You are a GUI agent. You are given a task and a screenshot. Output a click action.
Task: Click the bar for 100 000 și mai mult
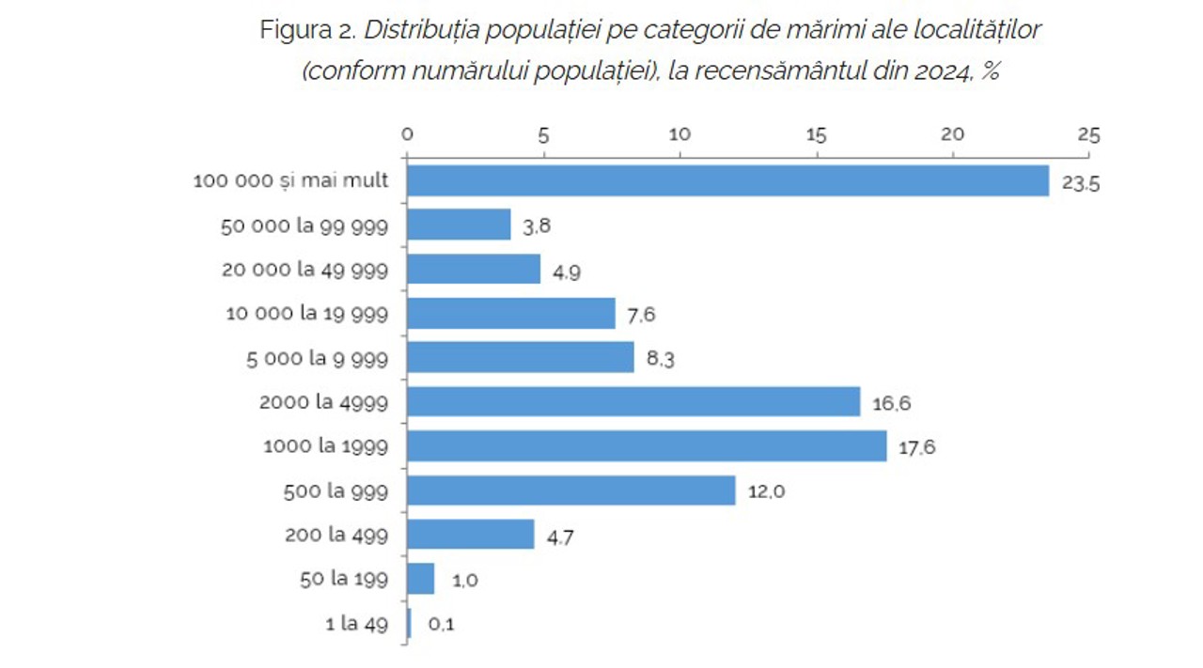[727, 180]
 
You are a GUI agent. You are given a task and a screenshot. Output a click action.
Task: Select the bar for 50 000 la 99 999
[459, 225]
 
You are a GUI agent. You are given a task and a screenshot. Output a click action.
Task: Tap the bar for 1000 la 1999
[647, 446]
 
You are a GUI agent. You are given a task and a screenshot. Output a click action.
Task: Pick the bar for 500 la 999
[570, 490]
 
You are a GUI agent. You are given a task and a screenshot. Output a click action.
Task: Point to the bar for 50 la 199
[420, 579]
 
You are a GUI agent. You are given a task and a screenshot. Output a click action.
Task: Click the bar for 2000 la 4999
[633, 402]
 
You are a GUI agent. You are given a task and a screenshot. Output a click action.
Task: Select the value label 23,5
[1081, 183]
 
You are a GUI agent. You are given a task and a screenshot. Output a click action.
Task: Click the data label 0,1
[441, 624]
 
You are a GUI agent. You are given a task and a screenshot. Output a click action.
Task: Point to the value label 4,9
[566, 272]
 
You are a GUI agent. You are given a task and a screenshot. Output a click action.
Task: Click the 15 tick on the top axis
[817, 134]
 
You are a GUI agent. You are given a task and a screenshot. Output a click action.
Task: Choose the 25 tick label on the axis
[1088, 134]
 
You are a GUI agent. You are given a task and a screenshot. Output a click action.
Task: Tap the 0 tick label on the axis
[407, 134]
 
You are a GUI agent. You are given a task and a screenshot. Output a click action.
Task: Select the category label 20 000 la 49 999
[305, 270]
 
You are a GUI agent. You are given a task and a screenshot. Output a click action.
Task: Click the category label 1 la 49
[356, 623]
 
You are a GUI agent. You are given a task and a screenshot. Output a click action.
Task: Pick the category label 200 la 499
[336, 535]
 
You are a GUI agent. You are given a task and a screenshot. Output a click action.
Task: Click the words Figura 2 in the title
[306, 30]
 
